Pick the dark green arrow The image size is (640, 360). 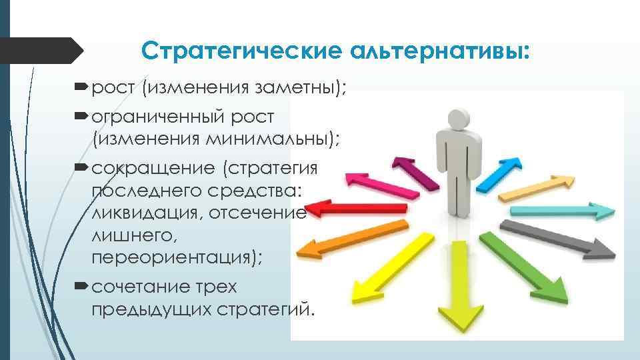click(x=527, y=266)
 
